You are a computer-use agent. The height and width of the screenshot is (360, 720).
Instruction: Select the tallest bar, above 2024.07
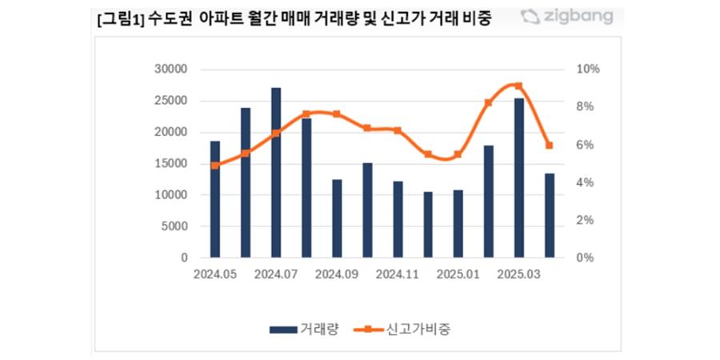click(x=276, y=172)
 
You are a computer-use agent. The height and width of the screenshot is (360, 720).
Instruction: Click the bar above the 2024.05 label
click(x=215, y=199)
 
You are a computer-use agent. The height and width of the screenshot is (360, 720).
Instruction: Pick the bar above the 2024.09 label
click(x=337, y=218)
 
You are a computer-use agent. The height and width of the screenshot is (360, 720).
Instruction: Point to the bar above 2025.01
click(x=458, y=224)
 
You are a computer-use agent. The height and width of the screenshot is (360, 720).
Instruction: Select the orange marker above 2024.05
click(x=215, y=166)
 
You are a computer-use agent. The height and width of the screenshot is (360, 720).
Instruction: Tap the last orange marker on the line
click(x=550, y=146)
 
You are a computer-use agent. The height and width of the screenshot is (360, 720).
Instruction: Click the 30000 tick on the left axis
click(x=170, y=70)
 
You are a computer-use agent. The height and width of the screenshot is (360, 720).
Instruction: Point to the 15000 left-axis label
click(x=170, y=164)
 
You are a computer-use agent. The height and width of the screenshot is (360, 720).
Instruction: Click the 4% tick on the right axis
click(x=586, y=182)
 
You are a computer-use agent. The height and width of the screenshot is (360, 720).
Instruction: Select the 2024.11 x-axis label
click(x=398, y=274)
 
